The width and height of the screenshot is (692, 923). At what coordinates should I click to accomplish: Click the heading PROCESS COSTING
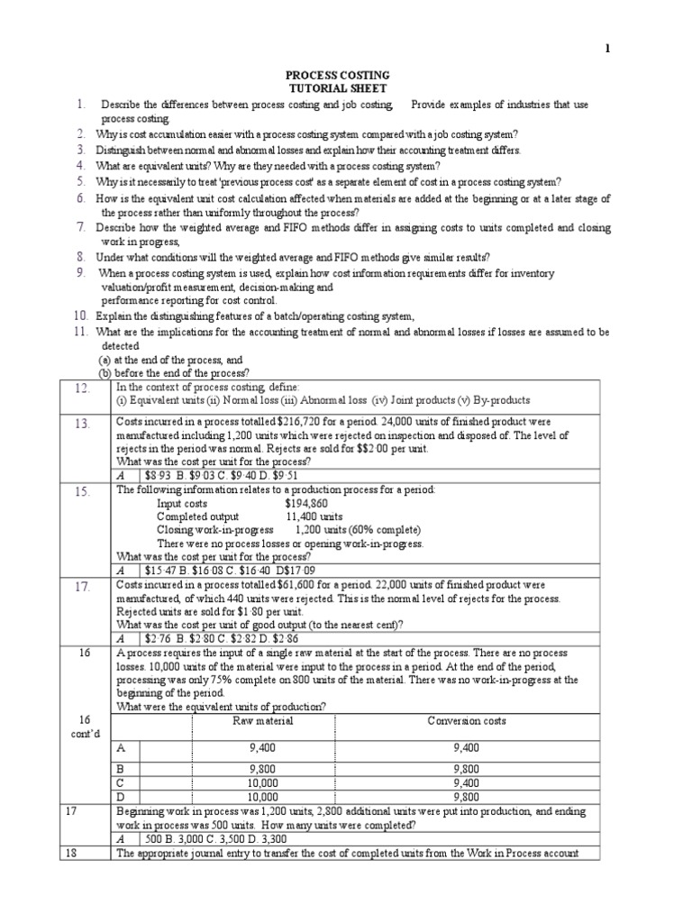point(337,76)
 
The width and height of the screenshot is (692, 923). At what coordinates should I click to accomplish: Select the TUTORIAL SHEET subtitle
point(337,89)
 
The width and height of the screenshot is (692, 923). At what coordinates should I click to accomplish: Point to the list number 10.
point(80,315)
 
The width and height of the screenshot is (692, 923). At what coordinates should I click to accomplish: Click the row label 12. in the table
point(84,388)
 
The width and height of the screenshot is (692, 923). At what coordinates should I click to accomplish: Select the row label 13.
point(84,424)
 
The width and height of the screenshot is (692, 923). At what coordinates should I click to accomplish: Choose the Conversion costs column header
point(473,721)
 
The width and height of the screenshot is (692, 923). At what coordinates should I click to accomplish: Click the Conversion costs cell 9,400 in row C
point(473,783)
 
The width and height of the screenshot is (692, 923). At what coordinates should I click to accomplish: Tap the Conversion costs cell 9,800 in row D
point(473,797)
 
